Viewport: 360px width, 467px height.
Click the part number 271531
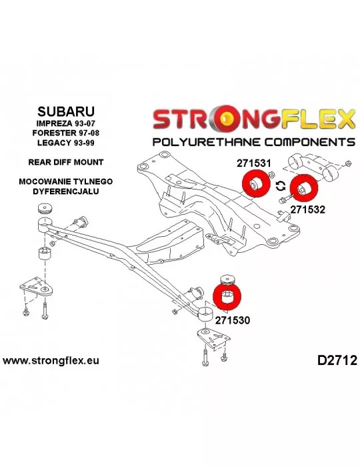tap(254, 163)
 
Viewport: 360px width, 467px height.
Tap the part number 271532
tap(308, 209)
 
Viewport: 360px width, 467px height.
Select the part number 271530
tap(233, 320)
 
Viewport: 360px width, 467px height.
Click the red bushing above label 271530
tap(227, 296)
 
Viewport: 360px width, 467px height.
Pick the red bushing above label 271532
tap(303, 189)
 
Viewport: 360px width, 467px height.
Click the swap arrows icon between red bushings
tap(280, 186)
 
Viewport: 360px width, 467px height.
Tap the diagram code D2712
tap(337, 360)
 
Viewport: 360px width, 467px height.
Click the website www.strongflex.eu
tap(51, 360)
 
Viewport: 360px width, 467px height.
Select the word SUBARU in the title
tap(66, 111)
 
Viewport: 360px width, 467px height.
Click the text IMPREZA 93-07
tap(66, 123)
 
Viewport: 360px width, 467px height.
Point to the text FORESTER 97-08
tap(66, 133)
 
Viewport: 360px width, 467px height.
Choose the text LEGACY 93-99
tap(66, 143)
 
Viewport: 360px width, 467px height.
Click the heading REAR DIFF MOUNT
tap(66, 162)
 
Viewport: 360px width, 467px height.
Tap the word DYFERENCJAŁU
tap(66, 191)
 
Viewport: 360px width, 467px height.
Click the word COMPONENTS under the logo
tap(309, 142)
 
